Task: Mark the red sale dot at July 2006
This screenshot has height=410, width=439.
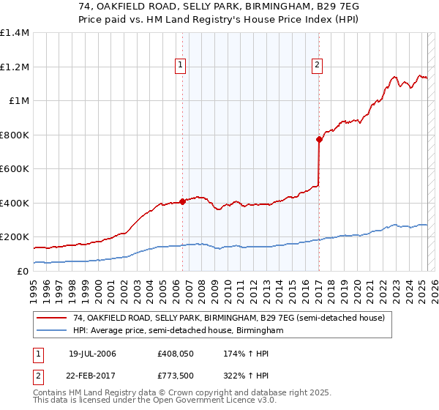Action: (182, 202)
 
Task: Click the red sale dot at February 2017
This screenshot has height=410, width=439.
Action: (319, 139)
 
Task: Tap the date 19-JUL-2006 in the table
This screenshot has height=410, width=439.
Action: (92, 354)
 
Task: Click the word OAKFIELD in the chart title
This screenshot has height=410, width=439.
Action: (143, 6)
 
